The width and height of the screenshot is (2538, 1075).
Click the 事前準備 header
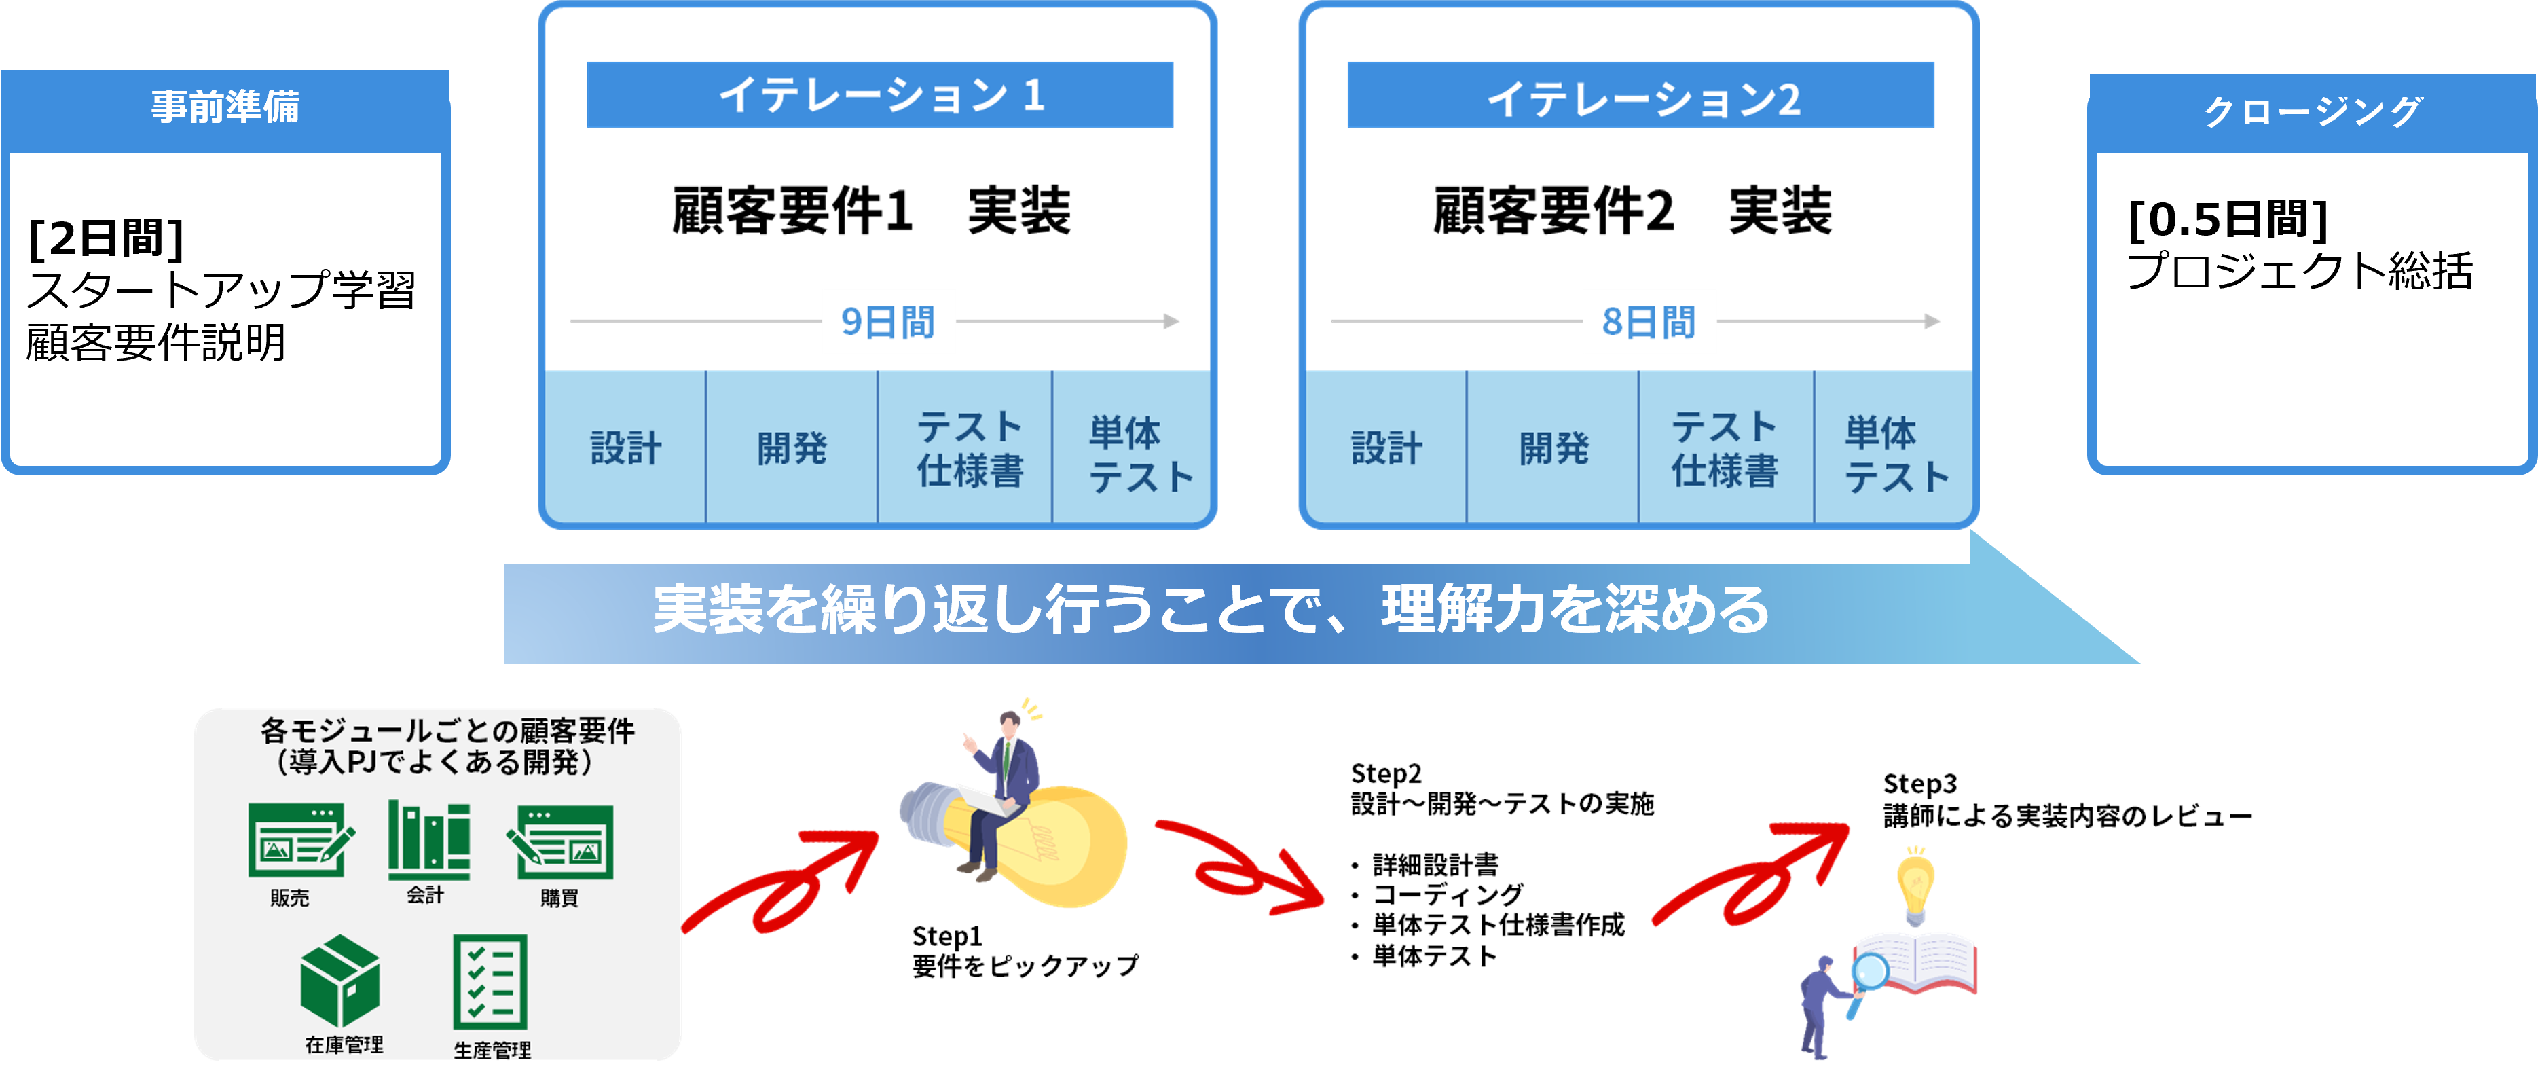[x=225, y=107]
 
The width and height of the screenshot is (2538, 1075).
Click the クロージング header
[x=2311, y=111]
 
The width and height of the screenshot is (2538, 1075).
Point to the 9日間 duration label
[x=887, y=322]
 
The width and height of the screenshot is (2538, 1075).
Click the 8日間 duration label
[x=1649, y=322]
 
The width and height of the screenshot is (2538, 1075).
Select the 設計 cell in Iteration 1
[x=625, y=448]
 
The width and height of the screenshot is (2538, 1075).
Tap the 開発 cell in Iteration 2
[x=1553, y=448]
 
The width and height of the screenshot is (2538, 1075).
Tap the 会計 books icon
[x=428, y=839]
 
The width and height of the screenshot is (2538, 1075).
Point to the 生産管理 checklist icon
[x=490, y=981]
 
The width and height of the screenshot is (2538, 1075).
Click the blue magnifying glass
[x=1869, y=974]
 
